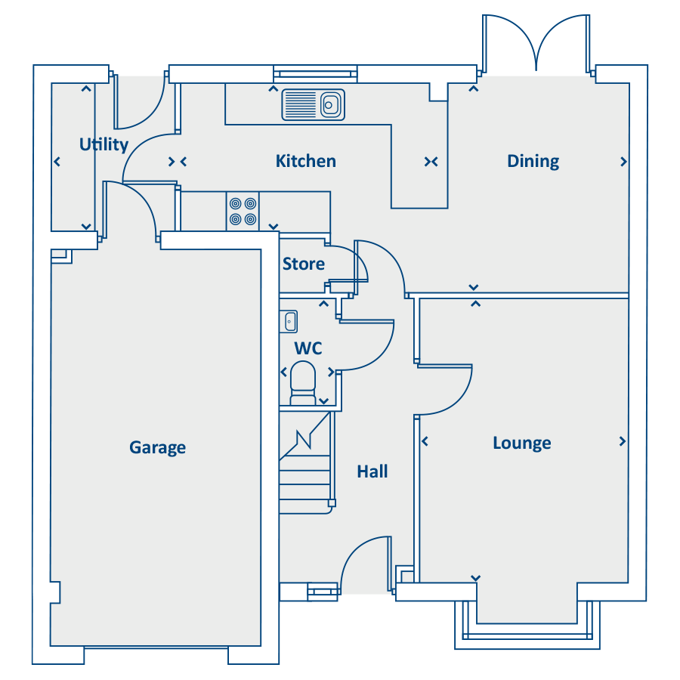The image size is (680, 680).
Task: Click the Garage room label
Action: coord(157,447)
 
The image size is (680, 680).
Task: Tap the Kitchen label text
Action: coord(306,161)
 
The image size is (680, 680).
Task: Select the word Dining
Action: coord(533,162)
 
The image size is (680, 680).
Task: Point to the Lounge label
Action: coord(522,444)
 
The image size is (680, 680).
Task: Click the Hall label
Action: coord(372,471)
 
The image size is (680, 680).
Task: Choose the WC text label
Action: coord(308,348)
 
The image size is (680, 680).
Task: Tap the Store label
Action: coord(304,264)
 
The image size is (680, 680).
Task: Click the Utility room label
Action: coord(104,144)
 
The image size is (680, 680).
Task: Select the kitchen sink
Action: coord(313,104)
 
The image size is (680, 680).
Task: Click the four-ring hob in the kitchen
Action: coord(243,212)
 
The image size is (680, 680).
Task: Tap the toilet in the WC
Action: coord(303,383)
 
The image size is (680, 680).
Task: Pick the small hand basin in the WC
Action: coord(289,321)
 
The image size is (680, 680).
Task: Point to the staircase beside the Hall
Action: coord(307,462)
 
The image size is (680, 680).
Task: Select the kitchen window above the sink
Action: coord(315,74)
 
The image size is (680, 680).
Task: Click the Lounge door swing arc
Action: coord(459,398)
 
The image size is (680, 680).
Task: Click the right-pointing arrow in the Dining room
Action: coord(623,162)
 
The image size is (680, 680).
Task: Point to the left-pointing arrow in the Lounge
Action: coord(425,441)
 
